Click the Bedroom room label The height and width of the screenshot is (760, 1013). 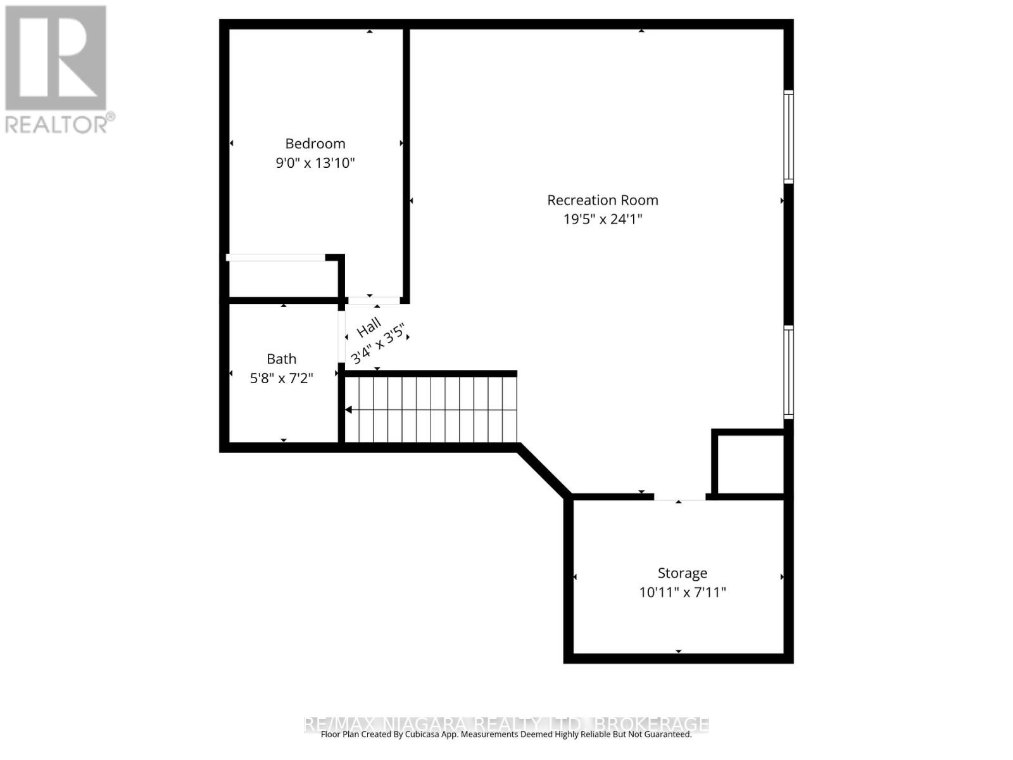315,143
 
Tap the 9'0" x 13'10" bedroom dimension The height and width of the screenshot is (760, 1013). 315,163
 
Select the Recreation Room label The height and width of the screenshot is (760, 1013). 602,200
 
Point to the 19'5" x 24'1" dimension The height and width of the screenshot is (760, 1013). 602,219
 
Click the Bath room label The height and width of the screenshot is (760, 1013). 281,359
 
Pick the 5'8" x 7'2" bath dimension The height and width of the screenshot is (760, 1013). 281,378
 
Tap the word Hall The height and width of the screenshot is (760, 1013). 368,327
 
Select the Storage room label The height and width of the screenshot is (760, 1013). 682,573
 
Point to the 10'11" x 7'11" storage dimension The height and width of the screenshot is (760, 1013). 682,592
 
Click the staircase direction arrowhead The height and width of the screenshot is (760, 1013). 348,410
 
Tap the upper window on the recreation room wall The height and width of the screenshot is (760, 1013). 788,136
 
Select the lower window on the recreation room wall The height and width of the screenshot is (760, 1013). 788,372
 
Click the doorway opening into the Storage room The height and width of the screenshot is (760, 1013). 679,498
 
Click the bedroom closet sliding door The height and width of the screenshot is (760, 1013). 276,257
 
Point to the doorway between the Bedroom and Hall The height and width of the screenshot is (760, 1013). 374,300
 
